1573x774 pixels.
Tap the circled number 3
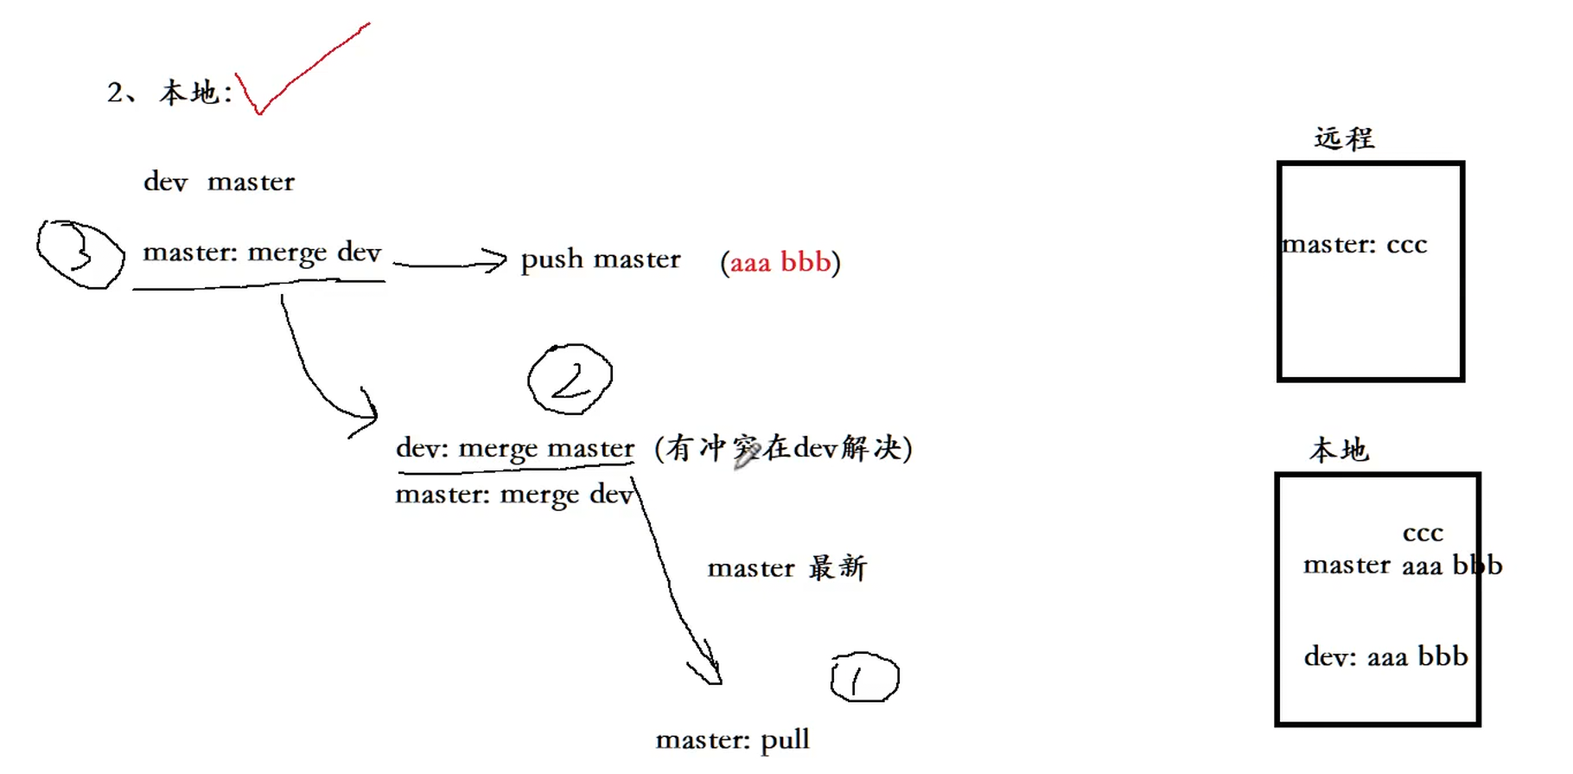[80, 254]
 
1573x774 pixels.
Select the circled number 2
[570, 380]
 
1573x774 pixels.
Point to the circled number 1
[864, 678]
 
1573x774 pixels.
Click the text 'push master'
[601, 259]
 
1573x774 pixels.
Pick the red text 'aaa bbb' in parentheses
[780, 261]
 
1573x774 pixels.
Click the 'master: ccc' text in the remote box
[1354, 246]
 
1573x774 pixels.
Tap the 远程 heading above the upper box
[1344, 138]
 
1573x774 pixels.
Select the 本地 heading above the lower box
[1339, 450]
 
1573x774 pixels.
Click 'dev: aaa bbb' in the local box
[1385, 657]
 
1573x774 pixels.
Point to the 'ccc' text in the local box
[1423, 533]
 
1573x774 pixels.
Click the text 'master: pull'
[732, 740]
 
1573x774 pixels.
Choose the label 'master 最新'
[786, 568]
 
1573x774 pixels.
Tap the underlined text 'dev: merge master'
[515, 449]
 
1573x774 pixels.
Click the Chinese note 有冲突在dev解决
[783, 448]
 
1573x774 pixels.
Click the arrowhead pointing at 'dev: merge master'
[368, 415]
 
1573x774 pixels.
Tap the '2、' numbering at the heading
[121, 93]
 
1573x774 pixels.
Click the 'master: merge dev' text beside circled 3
[262, 253]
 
